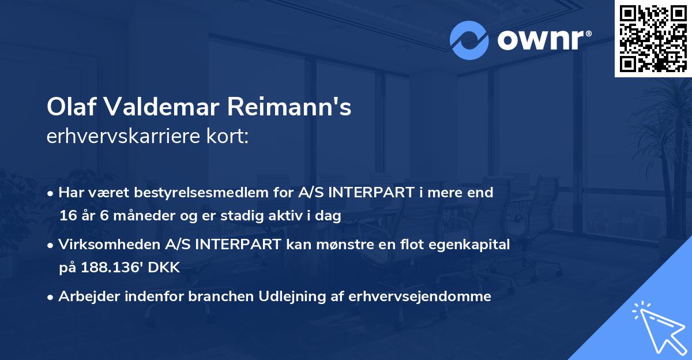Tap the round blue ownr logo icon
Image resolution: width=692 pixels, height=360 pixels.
click(469, 40)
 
